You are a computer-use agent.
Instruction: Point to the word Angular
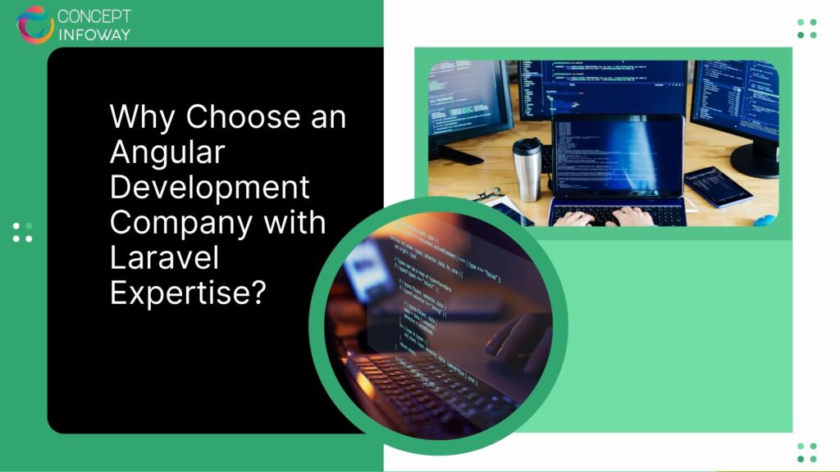click(x=167, y=152)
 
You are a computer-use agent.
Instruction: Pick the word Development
click(x=210, y=187)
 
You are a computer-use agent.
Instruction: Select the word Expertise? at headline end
click(x=189, y=293)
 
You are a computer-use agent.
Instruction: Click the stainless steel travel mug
click(x=528, y=169)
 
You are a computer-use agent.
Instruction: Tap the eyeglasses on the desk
click(x=486, y=196)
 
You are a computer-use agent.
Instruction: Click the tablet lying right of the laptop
click(x=719, y=186)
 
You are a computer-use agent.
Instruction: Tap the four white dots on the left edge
click(x=23, y=232)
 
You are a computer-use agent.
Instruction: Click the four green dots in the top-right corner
click(x=806, y=29)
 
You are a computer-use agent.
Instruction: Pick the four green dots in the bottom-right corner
click(x=806, y=452)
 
